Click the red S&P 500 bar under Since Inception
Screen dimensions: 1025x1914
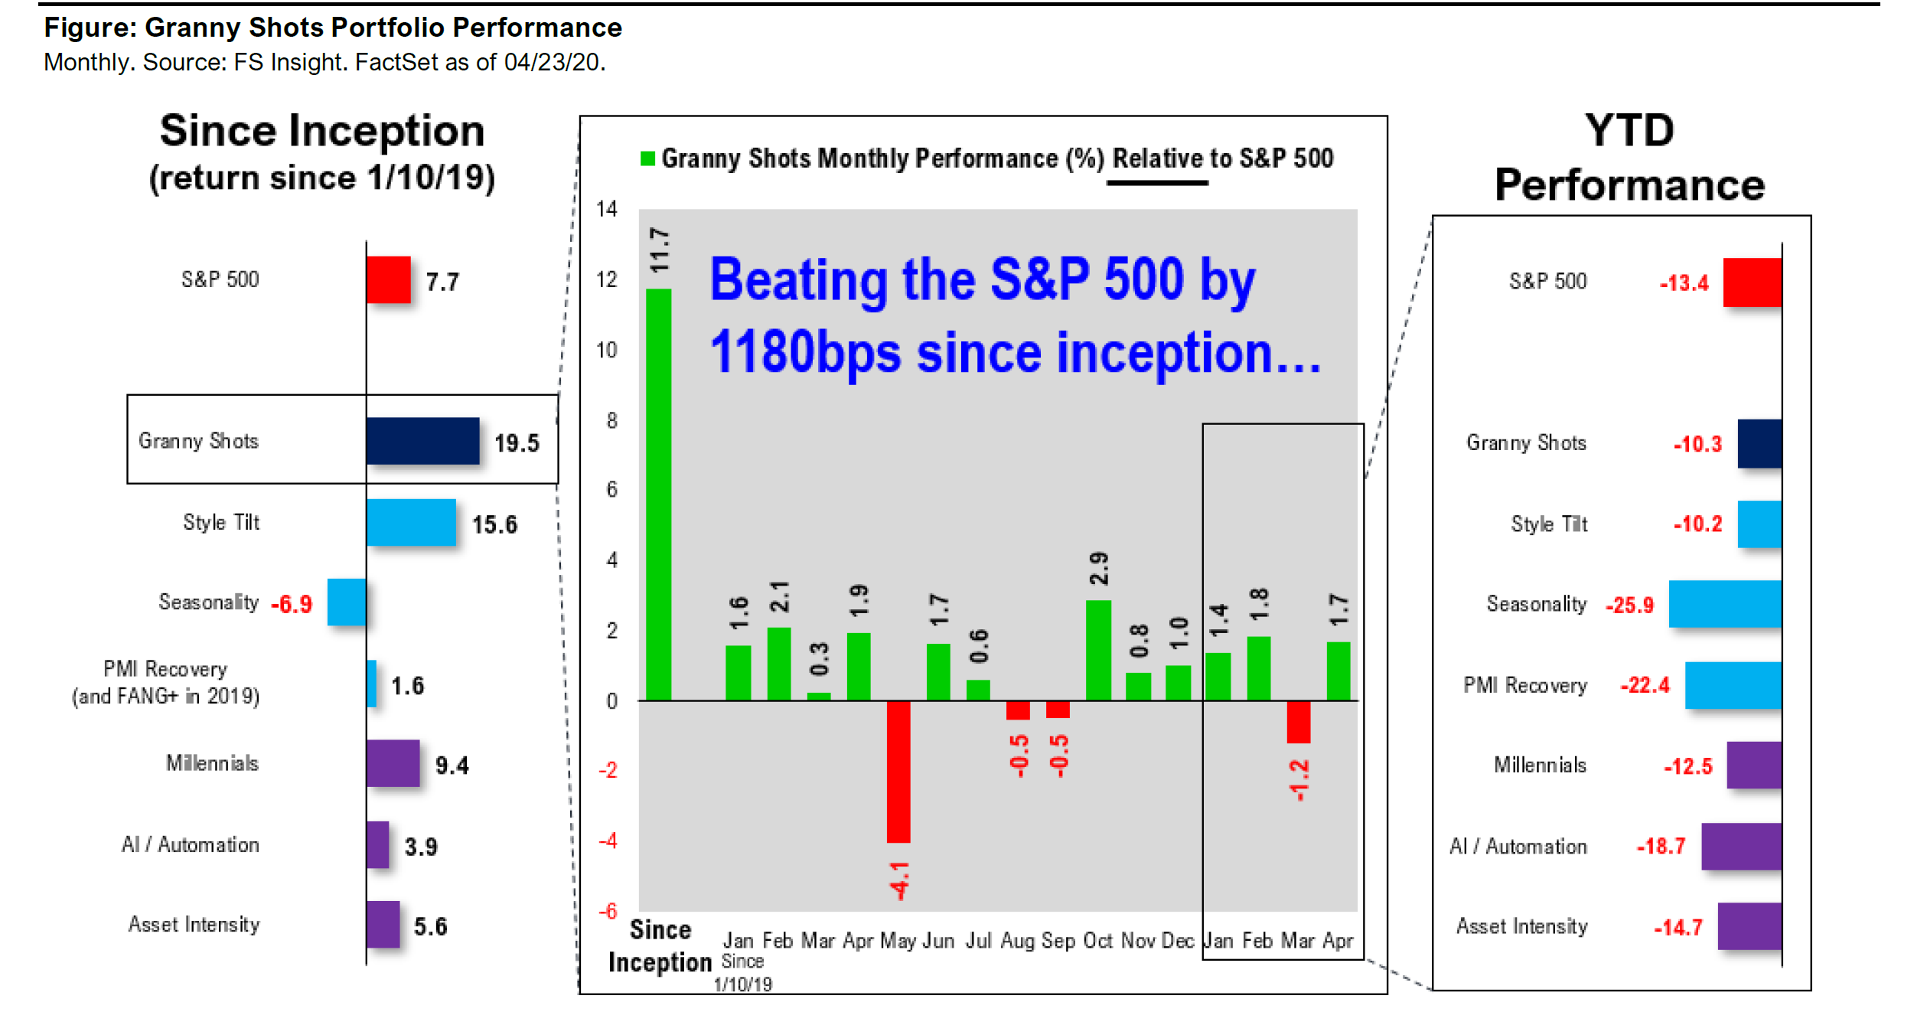click(x=388, y=279)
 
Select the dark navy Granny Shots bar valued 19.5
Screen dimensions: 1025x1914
click(x=422, y=441)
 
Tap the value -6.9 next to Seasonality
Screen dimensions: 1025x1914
click(x=291, y=605)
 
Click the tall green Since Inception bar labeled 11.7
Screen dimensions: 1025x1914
click(x=658, y=494)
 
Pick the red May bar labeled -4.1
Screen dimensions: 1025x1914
click(x=898, y=772)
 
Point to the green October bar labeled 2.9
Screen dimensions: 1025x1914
click(x=1098, y=650)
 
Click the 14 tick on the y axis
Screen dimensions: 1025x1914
click(x=607, y=209)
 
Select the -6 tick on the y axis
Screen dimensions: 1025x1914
click(x=608, y=911)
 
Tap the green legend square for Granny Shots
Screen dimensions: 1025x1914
click(x=647, y=158)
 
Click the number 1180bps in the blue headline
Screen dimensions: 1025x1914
click(x=805, y=354)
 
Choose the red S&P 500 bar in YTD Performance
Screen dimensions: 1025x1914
click(x=1752, y=282)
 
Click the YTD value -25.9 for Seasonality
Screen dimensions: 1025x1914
click(x=1629, y=606)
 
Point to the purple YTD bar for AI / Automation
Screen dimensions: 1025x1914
click(x=1741, y=846)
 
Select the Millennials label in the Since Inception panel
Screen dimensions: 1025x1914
click(x=212, y=763)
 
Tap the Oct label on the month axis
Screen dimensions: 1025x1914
click(x=1097, y=940)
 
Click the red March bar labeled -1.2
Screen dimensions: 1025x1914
click(x=1299, y=722)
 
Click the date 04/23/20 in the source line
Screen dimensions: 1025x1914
click(x=554, y=62)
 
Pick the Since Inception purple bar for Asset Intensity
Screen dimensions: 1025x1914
click(x=383, y=924)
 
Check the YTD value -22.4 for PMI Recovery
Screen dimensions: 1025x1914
click(x=1645, y=685)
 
